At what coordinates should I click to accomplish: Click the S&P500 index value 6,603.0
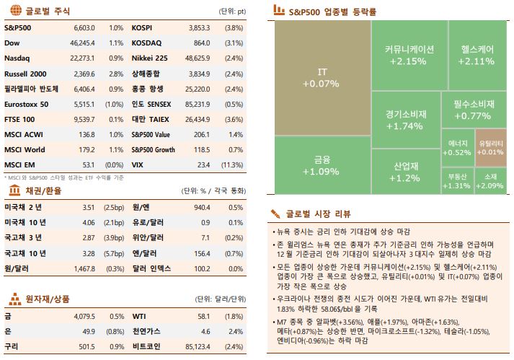coord(84,27)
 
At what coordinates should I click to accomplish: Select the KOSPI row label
coord(142,27)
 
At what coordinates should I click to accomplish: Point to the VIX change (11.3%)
coord(234,165)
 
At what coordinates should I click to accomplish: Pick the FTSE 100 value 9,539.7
coord(84,119)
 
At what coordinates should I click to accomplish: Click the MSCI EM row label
coord(19,165)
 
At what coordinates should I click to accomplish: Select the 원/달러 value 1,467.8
coord(84,268)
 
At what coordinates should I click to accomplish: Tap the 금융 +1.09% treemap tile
coord(320,166)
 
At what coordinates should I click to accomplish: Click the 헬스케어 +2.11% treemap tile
coord(477,55)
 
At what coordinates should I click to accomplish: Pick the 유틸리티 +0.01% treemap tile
coord(490,147)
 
